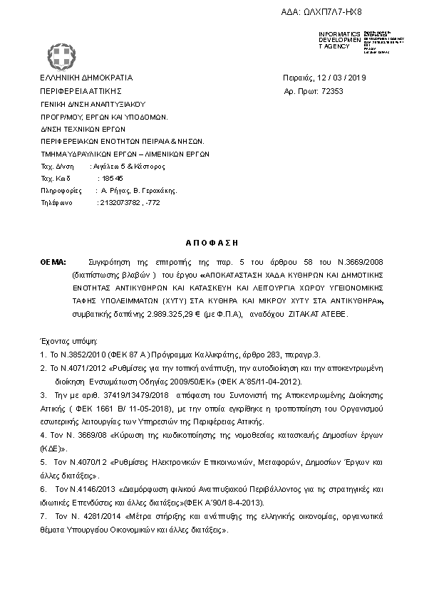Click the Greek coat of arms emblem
pyautogui.click(x=59, y=53)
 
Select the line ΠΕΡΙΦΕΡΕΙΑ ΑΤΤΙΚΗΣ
pyautogui.click(x=82, y=91)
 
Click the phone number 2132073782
pyautogui.click(x=119, y=203)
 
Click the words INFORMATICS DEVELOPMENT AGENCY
pyautogui.click(x=341, y=40)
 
